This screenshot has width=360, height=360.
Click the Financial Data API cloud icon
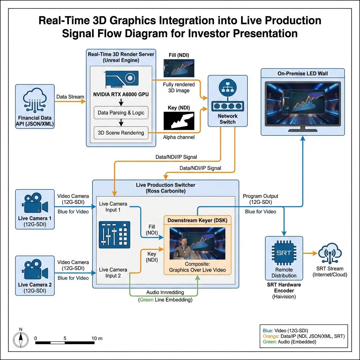coord(35,100)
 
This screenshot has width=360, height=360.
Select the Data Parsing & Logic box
coord(121,112)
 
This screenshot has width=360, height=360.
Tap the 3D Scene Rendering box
coord(121,133)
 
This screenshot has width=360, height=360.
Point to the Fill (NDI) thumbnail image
coord(179,68)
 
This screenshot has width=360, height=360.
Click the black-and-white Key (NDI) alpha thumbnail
coord(179,121)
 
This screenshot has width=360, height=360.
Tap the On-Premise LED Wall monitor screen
coord(303,104)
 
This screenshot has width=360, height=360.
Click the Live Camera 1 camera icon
coord(35,203)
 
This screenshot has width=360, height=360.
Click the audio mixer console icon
coord(114,234)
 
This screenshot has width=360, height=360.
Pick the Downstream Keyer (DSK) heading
coord(198,220)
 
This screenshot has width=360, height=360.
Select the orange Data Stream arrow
coord(70,101)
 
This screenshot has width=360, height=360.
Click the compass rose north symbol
coord(21,339)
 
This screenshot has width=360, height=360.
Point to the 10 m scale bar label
coord(97,338)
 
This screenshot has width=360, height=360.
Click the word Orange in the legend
coord(271,336)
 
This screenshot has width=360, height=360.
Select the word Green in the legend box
coord(270,342)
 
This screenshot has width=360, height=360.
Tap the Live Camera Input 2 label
coord(113,272)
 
